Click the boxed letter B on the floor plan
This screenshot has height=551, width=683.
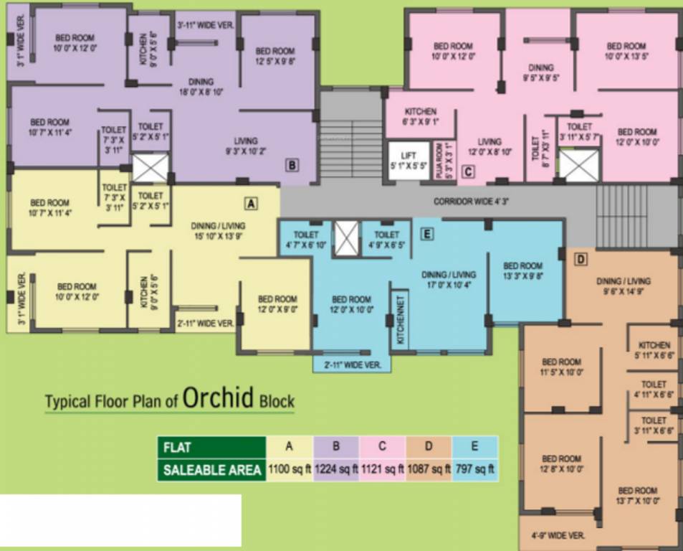[x=292, y=165]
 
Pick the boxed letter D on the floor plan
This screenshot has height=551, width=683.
[x=581, y=258]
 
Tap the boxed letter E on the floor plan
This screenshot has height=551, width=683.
[x=426, y=233]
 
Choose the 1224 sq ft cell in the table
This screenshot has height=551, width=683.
[x=335, y=470]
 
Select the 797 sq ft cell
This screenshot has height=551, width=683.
[x=475, y=470]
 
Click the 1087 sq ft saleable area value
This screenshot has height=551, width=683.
[x=429, y=470]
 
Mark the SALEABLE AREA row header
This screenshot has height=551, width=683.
[x=211, y=470]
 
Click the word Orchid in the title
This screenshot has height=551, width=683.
[x=219, y=398]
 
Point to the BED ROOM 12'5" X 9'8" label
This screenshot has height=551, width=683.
[x=275, y=56]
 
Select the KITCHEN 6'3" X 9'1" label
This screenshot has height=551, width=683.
[x=421, y=116]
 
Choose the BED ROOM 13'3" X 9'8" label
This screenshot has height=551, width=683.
[x=522, y=270]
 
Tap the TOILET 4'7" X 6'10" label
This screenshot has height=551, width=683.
[x=306, y=240]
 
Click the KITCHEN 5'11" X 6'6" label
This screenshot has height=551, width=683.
[x=654, y=350]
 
